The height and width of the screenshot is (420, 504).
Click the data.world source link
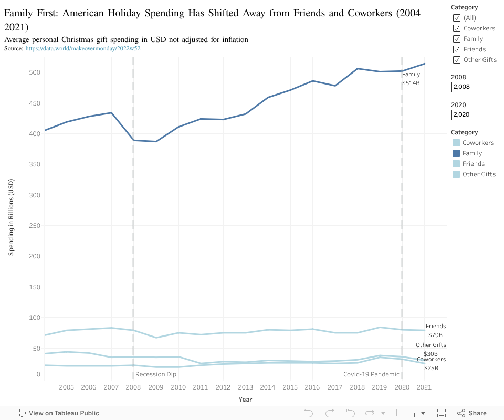[82, 48]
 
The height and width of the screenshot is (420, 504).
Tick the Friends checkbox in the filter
[457, 49]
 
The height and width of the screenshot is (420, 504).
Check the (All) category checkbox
[457, 18]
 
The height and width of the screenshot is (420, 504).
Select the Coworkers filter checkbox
[457, 28]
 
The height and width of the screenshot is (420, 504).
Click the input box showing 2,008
[476, 87]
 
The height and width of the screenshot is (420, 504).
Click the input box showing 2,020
[476, 114]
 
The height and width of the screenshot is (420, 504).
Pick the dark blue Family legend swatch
[456, 153]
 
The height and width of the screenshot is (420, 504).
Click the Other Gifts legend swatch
[456, 174]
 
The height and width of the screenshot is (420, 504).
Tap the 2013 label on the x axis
[245, 387]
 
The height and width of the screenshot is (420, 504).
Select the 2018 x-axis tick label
[357, 387]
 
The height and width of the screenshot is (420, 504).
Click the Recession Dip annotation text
[156, 374]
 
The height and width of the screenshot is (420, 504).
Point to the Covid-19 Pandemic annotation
[371, 374]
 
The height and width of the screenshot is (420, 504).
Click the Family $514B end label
[411, 79]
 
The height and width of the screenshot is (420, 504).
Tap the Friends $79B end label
[435, 330]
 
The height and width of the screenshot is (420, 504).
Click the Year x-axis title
[245, 400]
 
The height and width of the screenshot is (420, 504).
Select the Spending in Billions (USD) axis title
[11, 217]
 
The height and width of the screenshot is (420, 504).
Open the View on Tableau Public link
[58, 413]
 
